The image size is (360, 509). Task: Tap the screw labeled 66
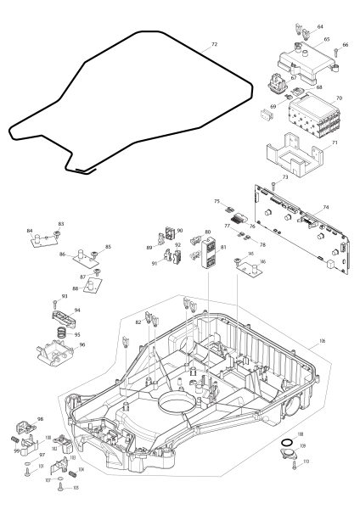coord(336,55)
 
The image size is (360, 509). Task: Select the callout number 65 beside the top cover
coord(326,40)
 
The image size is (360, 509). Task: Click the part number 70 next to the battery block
coord(339,99)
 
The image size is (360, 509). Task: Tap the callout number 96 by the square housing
coord(82,345)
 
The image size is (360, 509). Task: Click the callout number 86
coord(63,254)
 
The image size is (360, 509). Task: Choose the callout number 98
coord(40,420)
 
